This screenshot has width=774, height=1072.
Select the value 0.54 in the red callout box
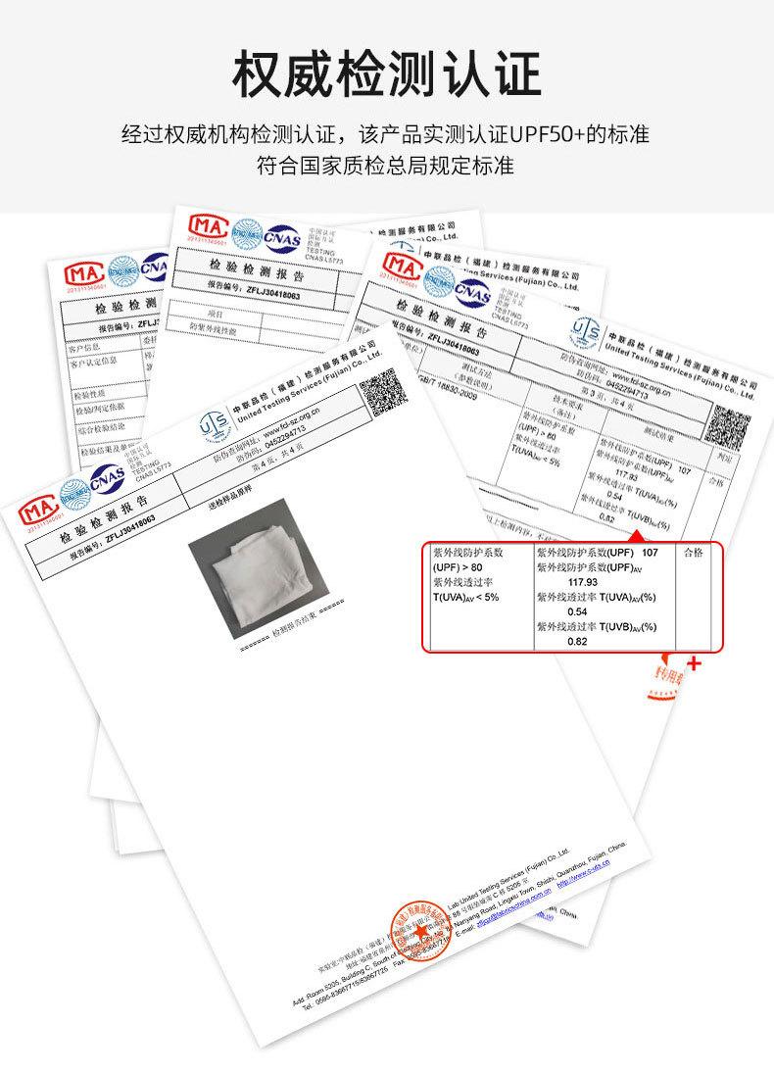click(577, 611)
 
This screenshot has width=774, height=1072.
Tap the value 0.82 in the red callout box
click(577, 642)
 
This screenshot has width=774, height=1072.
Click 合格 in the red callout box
click(693, 553)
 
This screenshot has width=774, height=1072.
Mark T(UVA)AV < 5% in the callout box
click(466, 597)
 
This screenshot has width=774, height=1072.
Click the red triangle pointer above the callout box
click(636, 535)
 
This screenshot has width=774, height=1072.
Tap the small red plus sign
click(696, 664)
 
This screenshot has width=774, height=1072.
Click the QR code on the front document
click(377, 392)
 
